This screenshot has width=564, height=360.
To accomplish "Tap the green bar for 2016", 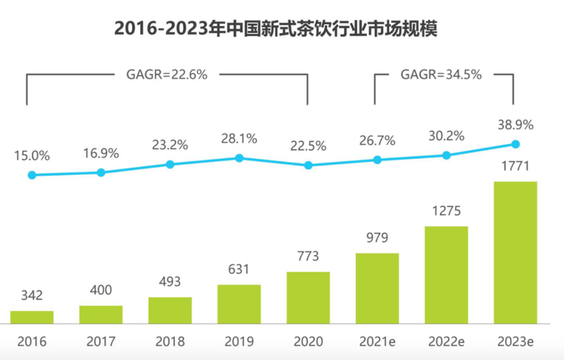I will point(31,317).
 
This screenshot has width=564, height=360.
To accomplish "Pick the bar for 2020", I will point(308,297).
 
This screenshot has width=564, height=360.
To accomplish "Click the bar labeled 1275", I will point(446,274).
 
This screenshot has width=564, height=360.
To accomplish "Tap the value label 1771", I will point(515,168).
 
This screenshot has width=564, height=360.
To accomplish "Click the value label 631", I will point(239,271).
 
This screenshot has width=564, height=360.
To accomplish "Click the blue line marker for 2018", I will point(170,164).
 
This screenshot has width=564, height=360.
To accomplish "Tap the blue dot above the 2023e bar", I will point(516,145).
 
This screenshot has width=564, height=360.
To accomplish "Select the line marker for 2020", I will point(308,166).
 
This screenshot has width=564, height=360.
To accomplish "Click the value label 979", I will point(377,238).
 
